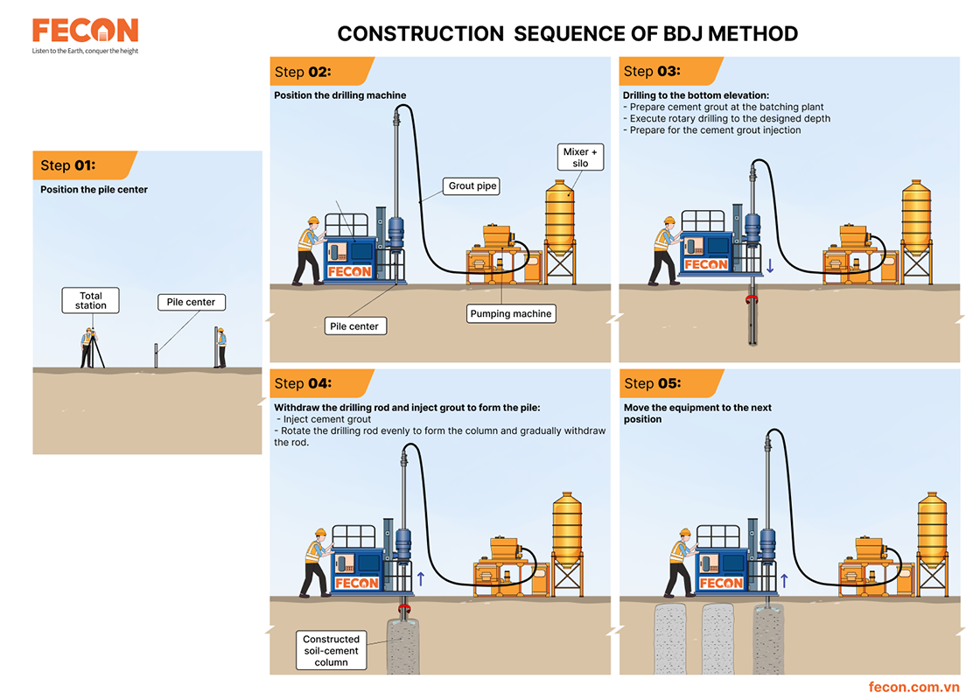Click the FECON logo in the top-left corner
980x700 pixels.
85,31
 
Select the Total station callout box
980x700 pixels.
90,301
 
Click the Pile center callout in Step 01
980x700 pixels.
191,302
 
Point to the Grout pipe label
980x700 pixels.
472,185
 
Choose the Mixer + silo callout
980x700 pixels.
581,157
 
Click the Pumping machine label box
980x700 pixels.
510,313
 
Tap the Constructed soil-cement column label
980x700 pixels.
331,651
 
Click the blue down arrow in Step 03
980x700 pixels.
771,264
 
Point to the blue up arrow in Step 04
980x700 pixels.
421,577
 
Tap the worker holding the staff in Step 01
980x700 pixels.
220,346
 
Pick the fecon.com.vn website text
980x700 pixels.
914,687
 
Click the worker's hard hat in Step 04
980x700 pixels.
320,532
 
